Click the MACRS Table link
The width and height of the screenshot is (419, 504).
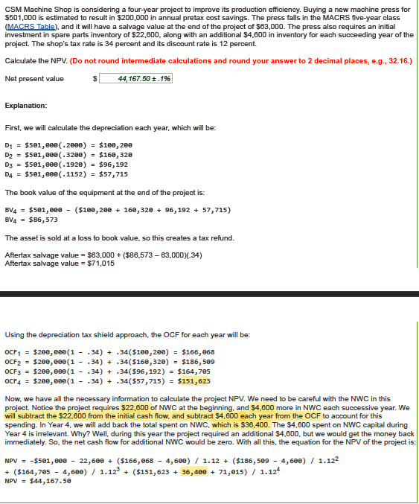30,26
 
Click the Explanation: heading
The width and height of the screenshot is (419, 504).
26,106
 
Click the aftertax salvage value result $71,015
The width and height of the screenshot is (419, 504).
101,263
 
